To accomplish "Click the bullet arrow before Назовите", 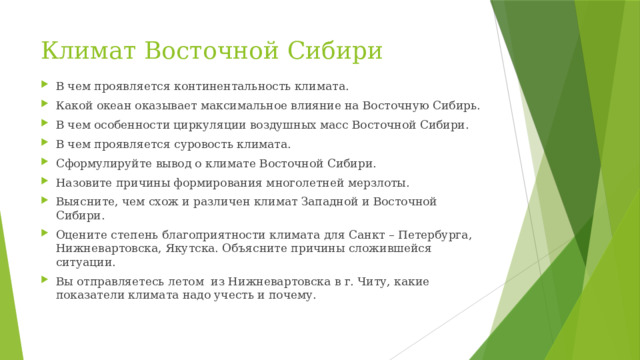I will (46, 183).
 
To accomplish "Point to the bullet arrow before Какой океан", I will (46, 106).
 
